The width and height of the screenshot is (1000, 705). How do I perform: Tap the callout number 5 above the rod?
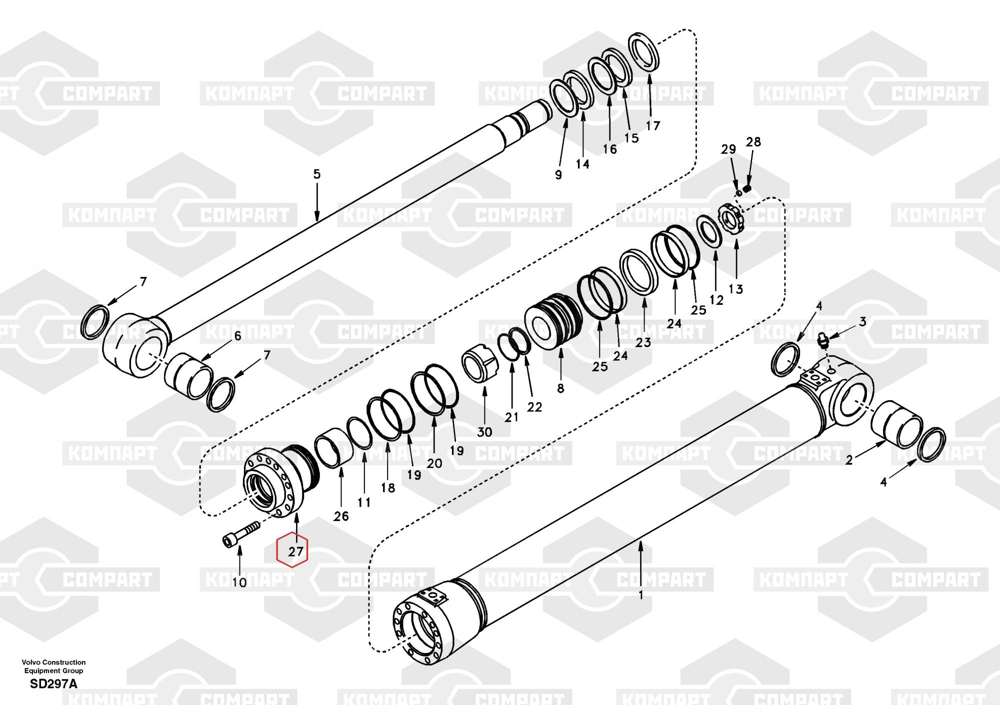click(x=317, y=174)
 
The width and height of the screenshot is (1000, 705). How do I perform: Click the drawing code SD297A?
click(x=53, y=684)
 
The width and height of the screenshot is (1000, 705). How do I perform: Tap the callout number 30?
click(x=484, y=432)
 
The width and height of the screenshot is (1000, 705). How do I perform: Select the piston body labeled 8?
click(x=553, y=320)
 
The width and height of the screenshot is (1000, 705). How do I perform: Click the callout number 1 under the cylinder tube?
click(x=641, y=595)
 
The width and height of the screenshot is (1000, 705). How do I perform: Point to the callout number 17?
click(x=653, y=125)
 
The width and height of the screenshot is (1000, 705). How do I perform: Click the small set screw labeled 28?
click(x=748, y=189)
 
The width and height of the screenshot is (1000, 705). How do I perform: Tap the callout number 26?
click(x=341, y=516)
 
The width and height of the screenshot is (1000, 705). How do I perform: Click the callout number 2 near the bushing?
click(x=848, y=460)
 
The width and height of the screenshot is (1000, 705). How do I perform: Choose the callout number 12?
click(x=716, y=300)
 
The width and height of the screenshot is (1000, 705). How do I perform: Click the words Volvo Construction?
click(x=53, y=662)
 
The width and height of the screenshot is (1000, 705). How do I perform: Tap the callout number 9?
click(x=558, y=174)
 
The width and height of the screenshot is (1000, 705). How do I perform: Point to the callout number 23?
click(x=643, y=342)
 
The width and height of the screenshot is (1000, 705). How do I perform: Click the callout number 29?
click(x=728, y=149)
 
